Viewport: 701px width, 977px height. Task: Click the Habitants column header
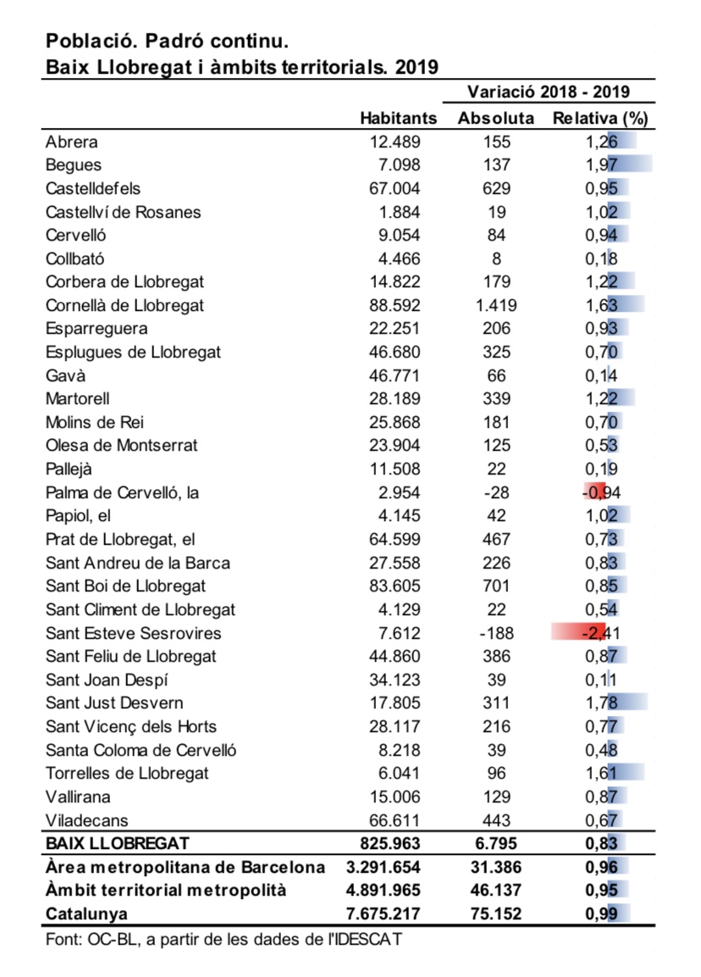(398, 118)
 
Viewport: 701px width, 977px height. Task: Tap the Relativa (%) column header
(599, 118)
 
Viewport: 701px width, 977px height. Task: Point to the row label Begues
(74, 165)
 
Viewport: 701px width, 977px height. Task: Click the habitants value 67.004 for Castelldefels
(395, 188)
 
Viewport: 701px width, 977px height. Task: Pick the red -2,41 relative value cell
(600, 633)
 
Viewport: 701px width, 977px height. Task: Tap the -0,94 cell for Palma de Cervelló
(600, 492)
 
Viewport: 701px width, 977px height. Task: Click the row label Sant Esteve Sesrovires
(133, 633)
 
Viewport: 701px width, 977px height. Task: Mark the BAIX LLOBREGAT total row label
(118, 843)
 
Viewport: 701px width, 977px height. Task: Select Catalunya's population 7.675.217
(384, 914)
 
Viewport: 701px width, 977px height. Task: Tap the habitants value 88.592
(395, 305)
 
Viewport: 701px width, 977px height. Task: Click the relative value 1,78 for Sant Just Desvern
(600, 702)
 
